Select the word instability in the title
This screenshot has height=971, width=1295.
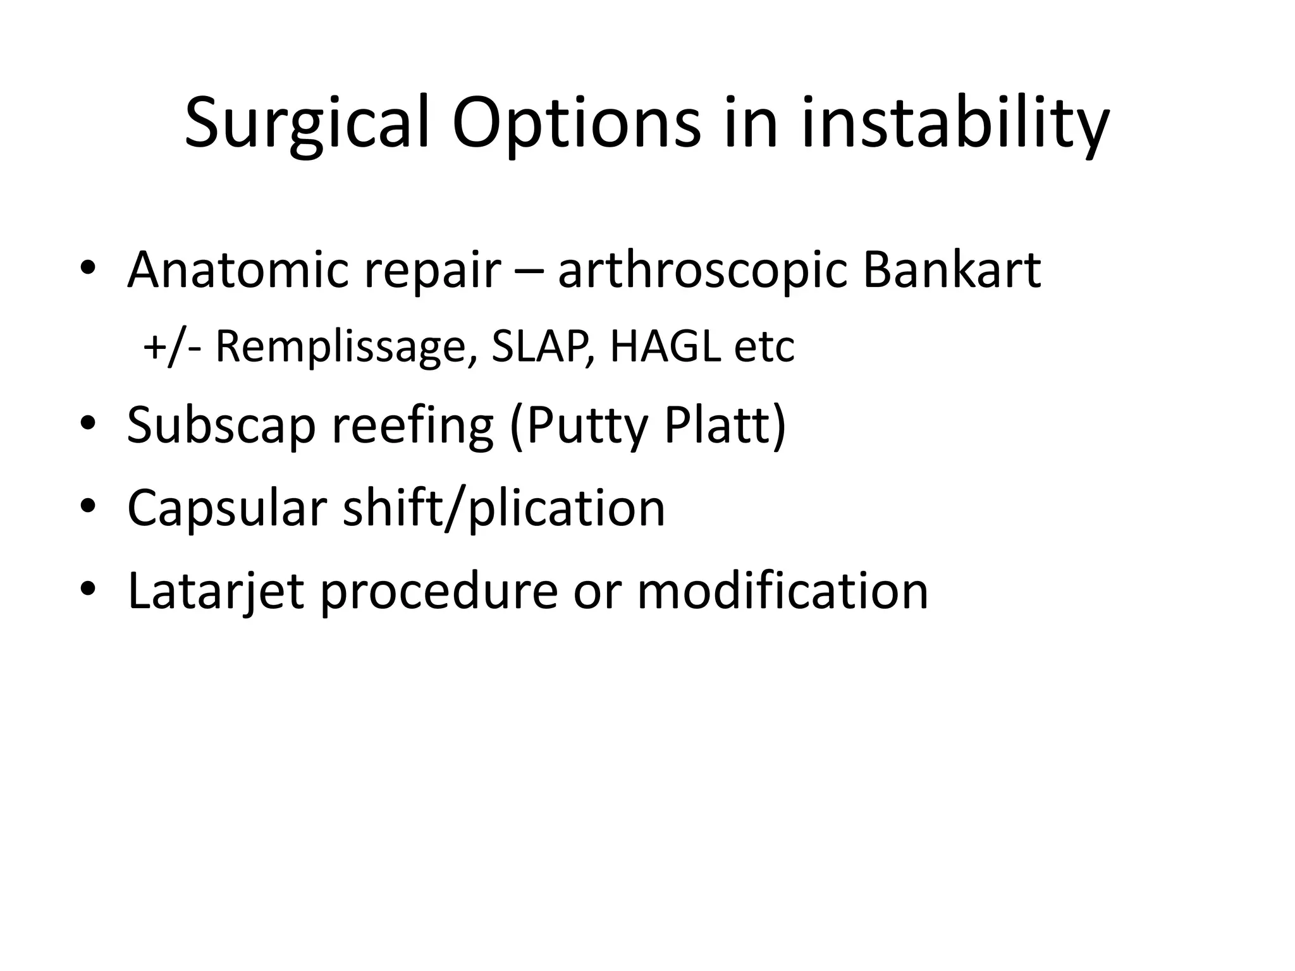[x=954, y=123]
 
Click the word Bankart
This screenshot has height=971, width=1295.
[x=952, y=271]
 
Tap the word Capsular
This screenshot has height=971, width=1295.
[x=227, y=508]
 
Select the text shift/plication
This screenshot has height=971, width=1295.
[x=504, y=508]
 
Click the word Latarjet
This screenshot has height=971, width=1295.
[x=216, y=592]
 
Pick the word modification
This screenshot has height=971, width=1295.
[x=782, y=590]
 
